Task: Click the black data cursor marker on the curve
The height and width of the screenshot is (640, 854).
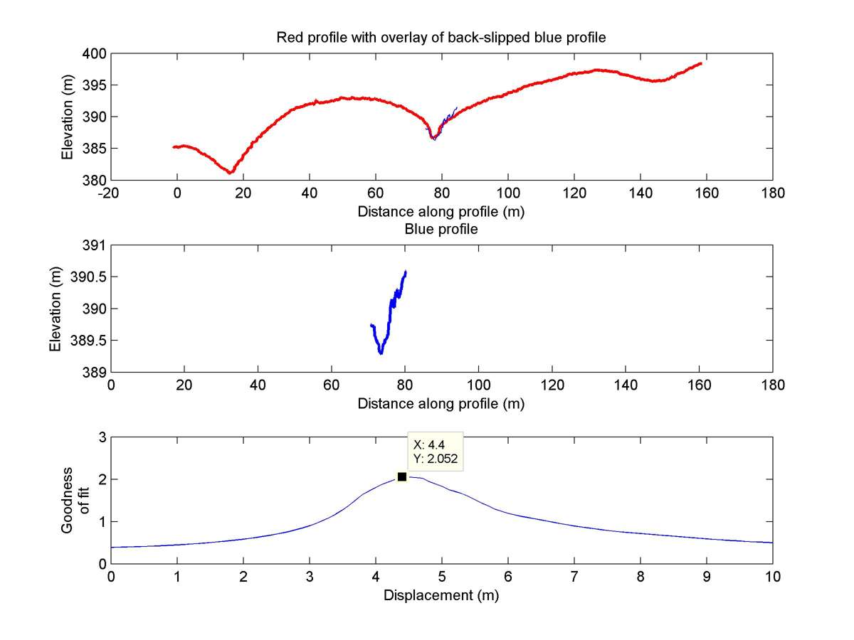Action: pyautogui.click(x=402, y=476)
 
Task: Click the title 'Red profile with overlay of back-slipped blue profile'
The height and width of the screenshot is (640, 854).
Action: pyautogui.click(x=441, y=38)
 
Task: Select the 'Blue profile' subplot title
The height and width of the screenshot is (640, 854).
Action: pyautogui.click(x=441, y=229)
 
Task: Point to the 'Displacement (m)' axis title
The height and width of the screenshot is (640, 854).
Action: pyautogui.click(x=441, y=595)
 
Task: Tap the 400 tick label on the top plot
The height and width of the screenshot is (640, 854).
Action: pyautogui.click(x=97, y=54)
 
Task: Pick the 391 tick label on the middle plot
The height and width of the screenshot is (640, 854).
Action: pyautogui.click(x=97, y=246)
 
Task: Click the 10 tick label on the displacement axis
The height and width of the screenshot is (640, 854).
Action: pyautogui.click(x=772, y=577)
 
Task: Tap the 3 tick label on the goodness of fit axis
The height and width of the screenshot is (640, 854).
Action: pyautogui.click(x=102, y=437)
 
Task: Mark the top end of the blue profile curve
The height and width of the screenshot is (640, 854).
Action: pyautogui.click(x=405, y=272)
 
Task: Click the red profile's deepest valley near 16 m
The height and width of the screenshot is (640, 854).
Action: pyautogui.click(x=230, y=172)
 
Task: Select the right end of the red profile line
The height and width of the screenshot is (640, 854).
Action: pyautogui.click(x=701, y=63)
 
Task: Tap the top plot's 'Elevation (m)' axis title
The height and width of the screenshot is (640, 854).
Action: pyautogui.click(x=68, y=117)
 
